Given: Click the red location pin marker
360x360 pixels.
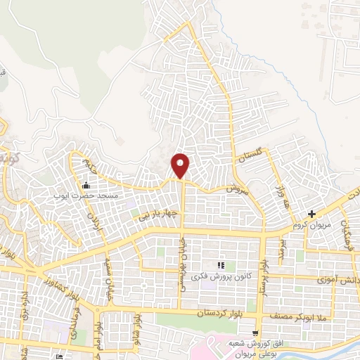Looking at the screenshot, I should (x=181, y=165).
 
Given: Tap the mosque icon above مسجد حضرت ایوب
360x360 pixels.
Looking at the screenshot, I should (x=86, y=186).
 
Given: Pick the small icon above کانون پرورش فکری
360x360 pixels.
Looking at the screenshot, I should (x=221, y=265).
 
